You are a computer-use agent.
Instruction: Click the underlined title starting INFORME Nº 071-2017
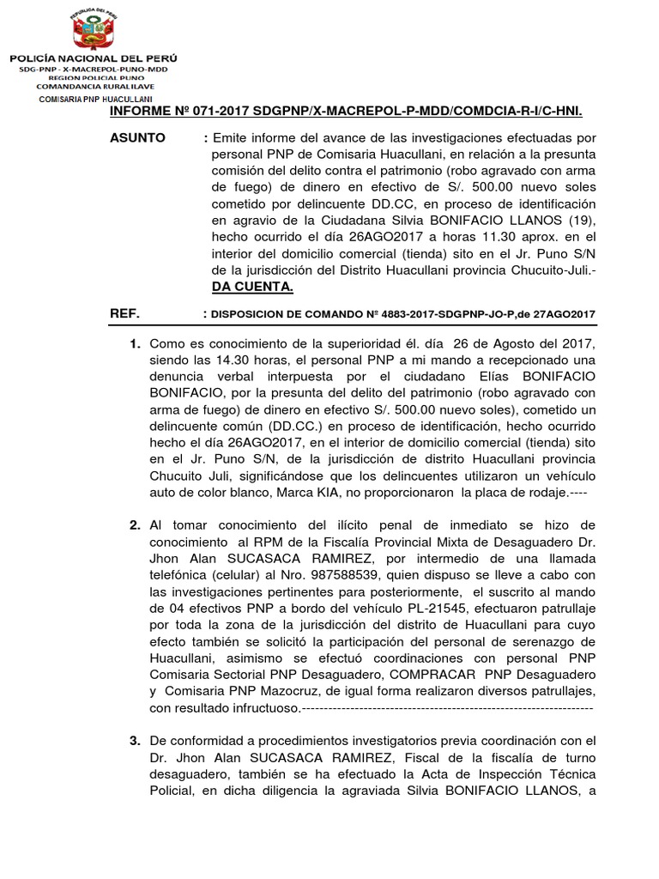point(346,112)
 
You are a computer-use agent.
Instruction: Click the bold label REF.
point(125,314)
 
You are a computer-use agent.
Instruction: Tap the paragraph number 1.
point(135,344)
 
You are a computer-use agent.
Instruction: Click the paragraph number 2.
point(135,524)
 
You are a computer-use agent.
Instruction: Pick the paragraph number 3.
point(135,741)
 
